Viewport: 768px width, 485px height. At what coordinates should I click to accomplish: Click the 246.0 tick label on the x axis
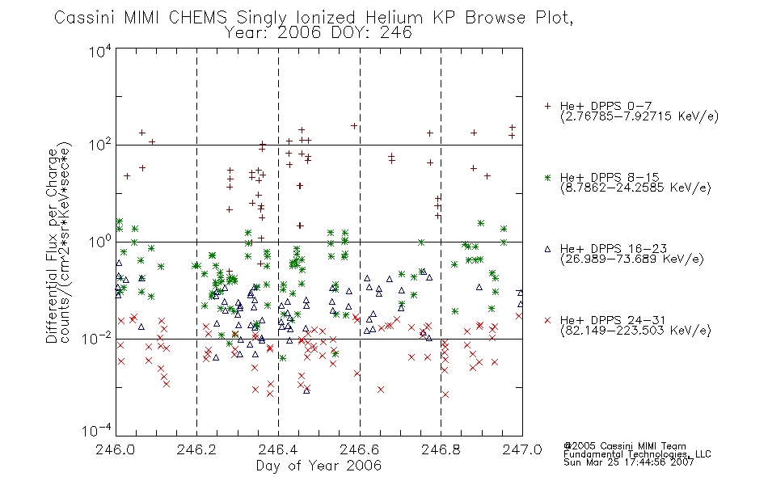point(115,449)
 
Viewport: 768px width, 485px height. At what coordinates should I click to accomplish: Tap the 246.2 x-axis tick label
point(197,449)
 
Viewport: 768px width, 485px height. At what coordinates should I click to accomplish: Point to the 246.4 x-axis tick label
point(278,449)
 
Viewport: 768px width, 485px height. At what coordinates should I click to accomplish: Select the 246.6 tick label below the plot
point(360,449)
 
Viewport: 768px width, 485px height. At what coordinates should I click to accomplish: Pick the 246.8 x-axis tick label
point(441,449)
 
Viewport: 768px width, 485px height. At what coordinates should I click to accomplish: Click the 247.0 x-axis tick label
point(522,449)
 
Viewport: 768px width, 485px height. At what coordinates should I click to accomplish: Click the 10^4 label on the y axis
point(100,51)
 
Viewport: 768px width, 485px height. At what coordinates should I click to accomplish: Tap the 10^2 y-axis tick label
point(100,145)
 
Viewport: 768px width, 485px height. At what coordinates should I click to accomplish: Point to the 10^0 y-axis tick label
point(100,242)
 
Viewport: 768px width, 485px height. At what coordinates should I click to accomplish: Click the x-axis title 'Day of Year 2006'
point(319,466)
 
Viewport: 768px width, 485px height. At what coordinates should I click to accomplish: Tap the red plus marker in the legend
point(547,106)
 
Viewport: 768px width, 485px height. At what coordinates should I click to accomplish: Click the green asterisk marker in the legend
point(547,177)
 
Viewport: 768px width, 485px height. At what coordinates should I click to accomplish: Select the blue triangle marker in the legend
point(547,249)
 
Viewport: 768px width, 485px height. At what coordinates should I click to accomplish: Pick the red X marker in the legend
point(547,320)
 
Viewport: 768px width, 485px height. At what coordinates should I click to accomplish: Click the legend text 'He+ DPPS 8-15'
point(610,177)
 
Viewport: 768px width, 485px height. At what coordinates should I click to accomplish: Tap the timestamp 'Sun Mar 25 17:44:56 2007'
point(629,462)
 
